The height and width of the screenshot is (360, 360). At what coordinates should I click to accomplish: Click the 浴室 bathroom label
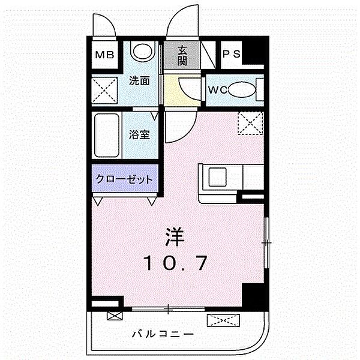pyautogui.click(x=139, y=134)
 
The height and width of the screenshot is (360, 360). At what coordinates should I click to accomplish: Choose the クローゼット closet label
pyautogui.click(x=124, y=178)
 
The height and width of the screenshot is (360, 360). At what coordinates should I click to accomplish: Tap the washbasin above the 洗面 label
pyautogui.click(x=142, y=52)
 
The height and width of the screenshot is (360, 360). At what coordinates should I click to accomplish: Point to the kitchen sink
pyautogui.click(x=217, y=177)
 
